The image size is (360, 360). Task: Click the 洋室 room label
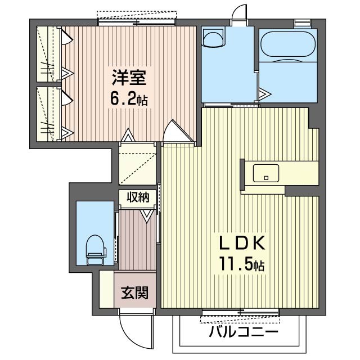click(129, 78)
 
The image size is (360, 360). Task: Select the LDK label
click(242, 243)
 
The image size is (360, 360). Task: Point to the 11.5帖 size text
click(242, 264)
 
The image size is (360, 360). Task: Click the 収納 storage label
click(138, 197)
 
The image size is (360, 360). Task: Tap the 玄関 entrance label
click(135, 293)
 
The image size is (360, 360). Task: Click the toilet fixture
click(96, 250)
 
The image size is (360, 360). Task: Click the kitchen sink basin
click(266, 173)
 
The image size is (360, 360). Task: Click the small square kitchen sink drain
click(266, 178)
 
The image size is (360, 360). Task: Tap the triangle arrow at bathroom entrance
click(265, 94)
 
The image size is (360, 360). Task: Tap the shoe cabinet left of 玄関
click(107, 289)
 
